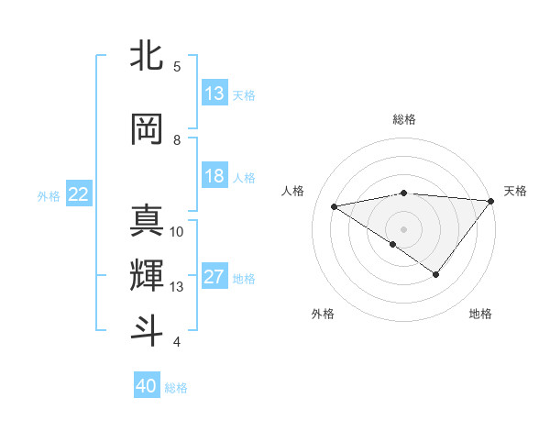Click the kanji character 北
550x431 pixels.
147,56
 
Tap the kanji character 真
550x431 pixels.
147,221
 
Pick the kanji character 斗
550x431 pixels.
147,330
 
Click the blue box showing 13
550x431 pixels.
214,94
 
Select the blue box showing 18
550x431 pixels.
214,177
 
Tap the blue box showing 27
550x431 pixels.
214,278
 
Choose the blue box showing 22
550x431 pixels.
79,194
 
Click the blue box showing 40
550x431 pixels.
147,386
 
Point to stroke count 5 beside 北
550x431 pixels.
177,67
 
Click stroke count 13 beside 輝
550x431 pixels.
177,287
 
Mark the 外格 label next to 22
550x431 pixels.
49,195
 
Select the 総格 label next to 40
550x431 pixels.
176,388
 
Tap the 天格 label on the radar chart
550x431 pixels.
515,191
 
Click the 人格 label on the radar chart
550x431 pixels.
293,191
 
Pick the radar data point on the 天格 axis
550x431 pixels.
491,200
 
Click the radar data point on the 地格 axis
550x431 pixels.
436,274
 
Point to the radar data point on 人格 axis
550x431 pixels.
335,205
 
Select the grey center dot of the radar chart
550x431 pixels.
403,227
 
